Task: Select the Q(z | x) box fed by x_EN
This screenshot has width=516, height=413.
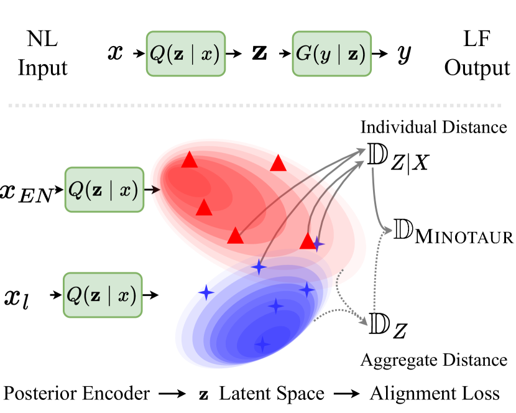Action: click(104, 189)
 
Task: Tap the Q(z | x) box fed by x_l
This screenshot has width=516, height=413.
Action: click(104, 295)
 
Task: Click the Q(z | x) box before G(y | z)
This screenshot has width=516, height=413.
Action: click(185, 53)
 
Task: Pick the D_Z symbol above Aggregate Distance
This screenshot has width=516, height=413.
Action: click(387, 325)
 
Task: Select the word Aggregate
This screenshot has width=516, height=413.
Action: click(392, 360)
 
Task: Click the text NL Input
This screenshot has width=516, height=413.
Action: click(42, 55)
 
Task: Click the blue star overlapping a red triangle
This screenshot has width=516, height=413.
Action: click(318, 244)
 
